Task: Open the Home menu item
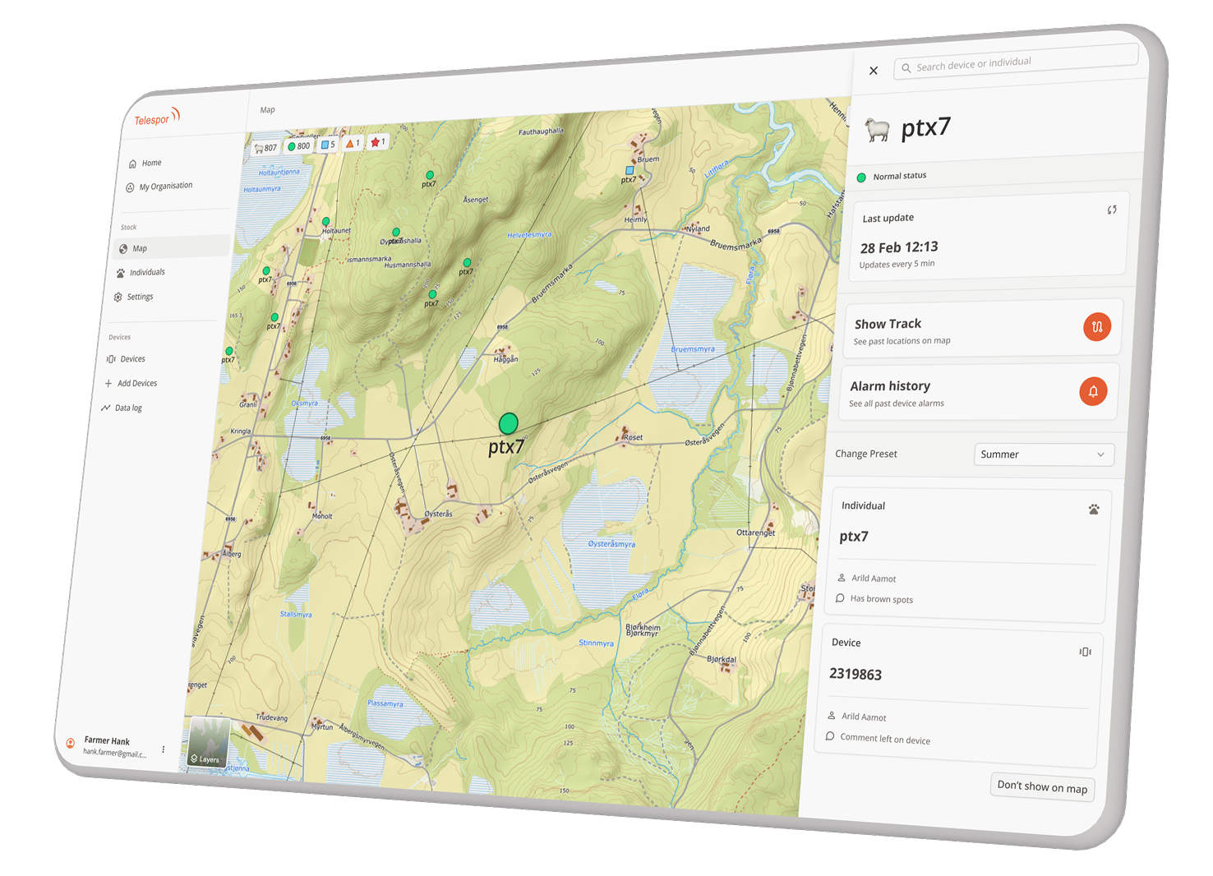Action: tap(150, 163)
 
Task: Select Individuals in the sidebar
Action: tap(146, 272)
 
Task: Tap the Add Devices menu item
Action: tap(136, 383)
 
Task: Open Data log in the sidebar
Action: tap(127, 408)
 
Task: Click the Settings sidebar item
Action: tap(139, 297)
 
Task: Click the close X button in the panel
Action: tap(874, 71)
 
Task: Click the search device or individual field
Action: tap(1016, 62)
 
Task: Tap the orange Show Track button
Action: tap(1097, 326)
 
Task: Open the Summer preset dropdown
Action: tap(1044, 454)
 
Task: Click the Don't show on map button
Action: tap(1042, 786)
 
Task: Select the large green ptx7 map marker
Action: tap(509, 423)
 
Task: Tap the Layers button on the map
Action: tap(205, 742)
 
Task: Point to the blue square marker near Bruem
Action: tap(630, 170)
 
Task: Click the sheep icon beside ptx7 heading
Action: tap(878, 130)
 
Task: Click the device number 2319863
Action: tap(856, 674)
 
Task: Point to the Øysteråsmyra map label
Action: tap(611, 544)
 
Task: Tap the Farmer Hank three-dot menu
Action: tap(164, 749)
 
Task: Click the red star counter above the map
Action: tap(378, 142)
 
